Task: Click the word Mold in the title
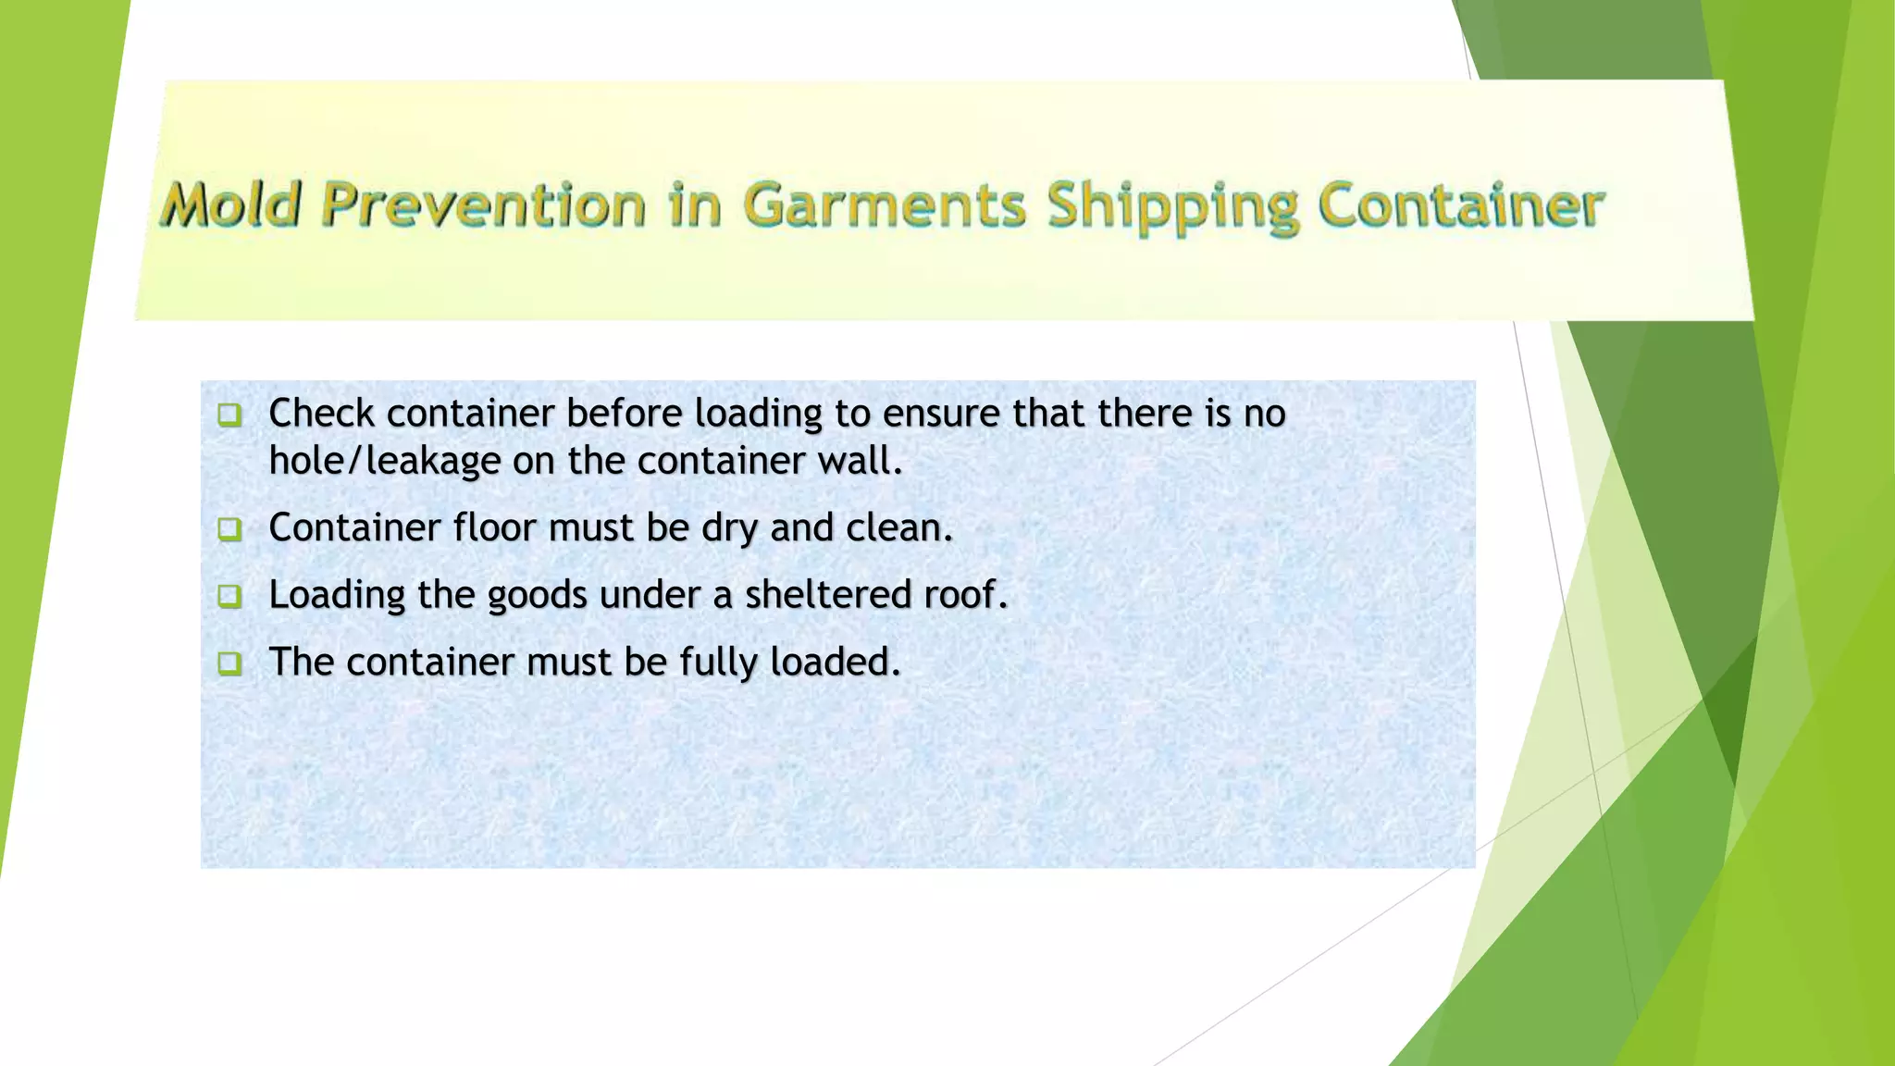click(x=232, y=205)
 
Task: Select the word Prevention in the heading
click(x=483, y=205)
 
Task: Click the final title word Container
click(x=1460, y=205)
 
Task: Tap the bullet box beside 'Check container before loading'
click(x=229, y=414)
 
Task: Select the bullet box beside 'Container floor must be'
click(x=229, y=528)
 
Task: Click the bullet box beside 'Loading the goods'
click(x=229, y=595)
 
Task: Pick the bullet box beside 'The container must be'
click(x=229, y=663)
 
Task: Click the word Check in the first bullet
click(x=321, y=413)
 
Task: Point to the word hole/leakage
click(x=384, y=461)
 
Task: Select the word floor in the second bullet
click(x=494, y=527)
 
